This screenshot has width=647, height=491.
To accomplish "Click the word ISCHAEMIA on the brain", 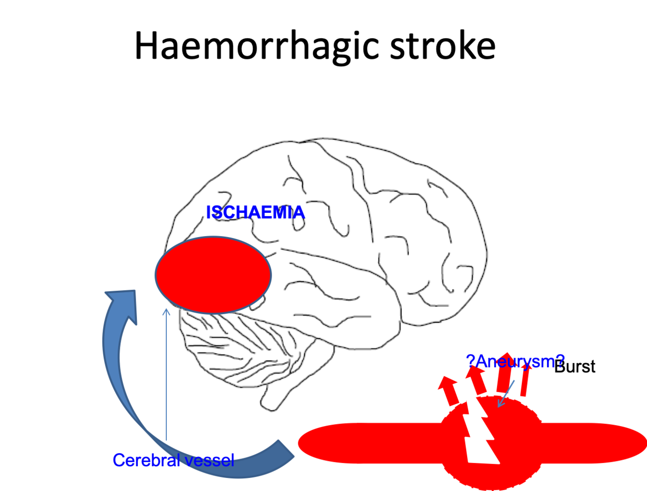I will (x=256, y=212).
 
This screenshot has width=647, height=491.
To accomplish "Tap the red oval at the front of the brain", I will (x=213, y=275).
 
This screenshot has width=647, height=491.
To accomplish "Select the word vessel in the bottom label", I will (x=210, y=460).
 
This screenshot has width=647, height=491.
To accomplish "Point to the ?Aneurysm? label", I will (x=516, y=361).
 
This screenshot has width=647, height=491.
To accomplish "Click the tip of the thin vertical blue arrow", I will (x=166, y=311).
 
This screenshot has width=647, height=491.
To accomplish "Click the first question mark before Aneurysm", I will (x=470, y=361).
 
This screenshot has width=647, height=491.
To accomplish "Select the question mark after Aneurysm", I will (x=560, y=361).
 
